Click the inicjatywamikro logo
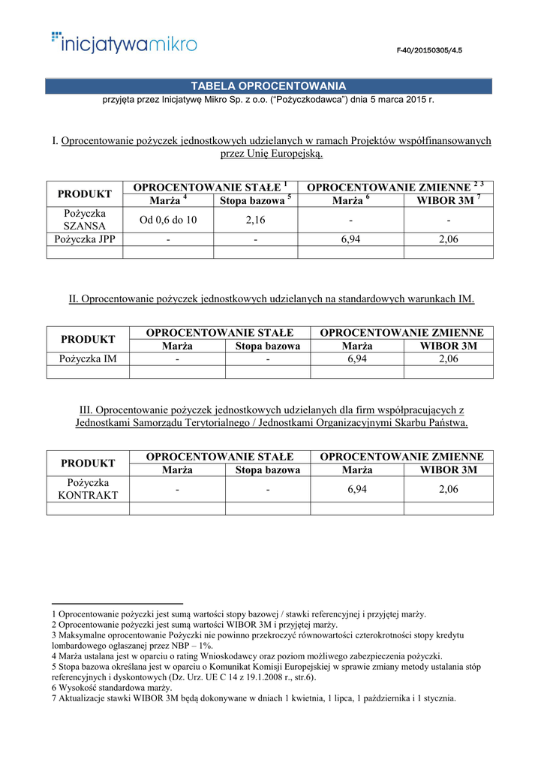pyautogui.click(x=124, y=43)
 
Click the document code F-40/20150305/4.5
pyautogui.click(x=429, y=50)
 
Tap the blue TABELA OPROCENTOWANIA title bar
pyautogui.click(x=268, y=86)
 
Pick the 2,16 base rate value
pyautogui.click(x=255, y=220)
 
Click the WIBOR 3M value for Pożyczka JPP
pyautogui.click(x=448, y=239)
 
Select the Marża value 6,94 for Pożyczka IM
pyautogui.click(x=357, y=359)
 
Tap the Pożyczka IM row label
pyautogui.click(x=88, y=359)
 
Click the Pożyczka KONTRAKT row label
pyautogui.click(x=88, y=489)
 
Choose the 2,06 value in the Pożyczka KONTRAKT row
pyautogui.click(x=448, y=489)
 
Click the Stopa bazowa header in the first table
pyautogui.click(x=254, y=201)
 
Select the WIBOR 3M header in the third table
pyautogui.click(x=448, y=470)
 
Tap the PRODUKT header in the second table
pyautogui.click(x=88, y=339)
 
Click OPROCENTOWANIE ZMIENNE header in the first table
pyautogui.click(x=395, y=187)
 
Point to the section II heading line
pyautogui.click(x=272, y=298)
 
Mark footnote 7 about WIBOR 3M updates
pyautogui.click(x=254, y=698)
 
